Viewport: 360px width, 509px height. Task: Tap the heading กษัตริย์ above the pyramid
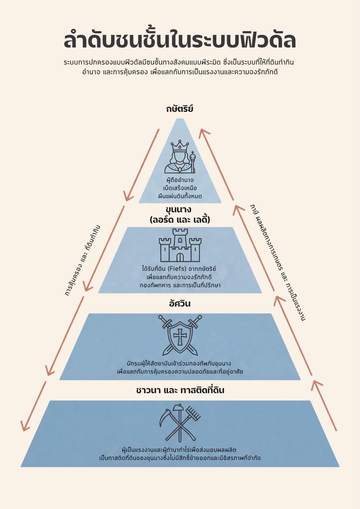tap(180, 108)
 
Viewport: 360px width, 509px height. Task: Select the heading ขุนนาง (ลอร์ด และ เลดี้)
tap(180, 215)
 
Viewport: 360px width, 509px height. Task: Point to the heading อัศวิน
tap(180, 303)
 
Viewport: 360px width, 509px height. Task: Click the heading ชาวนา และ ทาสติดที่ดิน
tap(180, 390)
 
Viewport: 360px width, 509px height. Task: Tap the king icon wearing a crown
tap(180, 157)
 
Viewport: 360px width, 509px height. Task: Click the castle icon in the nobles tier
tap(180, 245)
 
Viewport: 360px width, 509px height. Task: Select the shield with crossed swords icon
tap(180, 335)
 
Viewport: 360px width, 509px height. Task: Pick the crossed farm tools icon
tap(180, 423)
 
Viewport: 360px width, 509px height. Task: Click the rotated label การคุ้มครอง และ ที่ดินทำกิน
tap(82, 261)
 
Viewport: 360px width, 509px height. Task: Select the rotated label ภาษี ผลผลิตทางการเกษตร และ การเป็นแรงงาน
tap(277, 262)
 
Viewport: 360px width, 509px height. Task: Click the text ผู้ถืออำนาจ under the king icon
tap(180, 180)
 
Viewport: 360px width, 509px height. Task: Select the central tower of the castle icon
tap(180, 239)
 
